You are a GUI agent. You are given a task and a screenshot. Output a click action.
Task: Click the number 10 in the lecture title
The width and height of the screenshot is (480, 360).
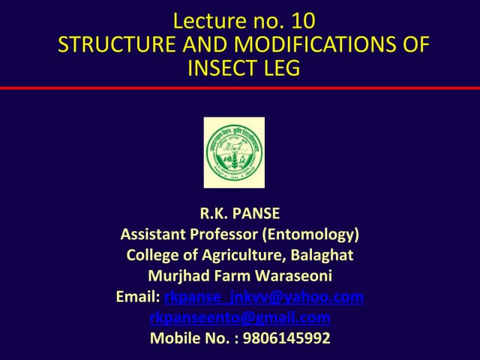click(295, 20)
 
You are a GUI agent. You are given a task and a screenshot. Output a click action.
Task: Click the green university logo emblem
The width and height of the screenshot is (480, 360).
click(234, 152)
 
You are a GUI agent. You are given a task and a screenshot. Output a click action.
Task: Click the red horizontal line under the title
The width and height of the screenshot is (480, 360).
click(240, 88)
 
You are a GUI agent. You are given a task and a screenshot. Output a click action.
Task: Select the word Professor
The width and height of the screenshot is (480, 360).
click(220, 235)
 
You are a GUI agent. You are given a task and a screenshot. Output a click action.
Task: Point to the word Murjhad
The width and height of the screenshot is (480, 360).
click(180, 276)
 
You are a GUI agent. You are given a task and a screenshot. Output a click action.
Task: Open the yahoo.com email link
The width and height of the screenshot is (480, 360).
click(263, 297)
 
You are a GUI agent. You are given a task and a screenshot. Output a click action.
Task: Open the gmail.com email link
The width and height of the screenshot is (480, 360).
click(240, 317)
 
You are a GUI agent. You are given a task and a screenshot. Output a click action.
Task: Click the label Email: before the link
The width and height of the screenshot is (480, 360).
click(137, 297)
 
